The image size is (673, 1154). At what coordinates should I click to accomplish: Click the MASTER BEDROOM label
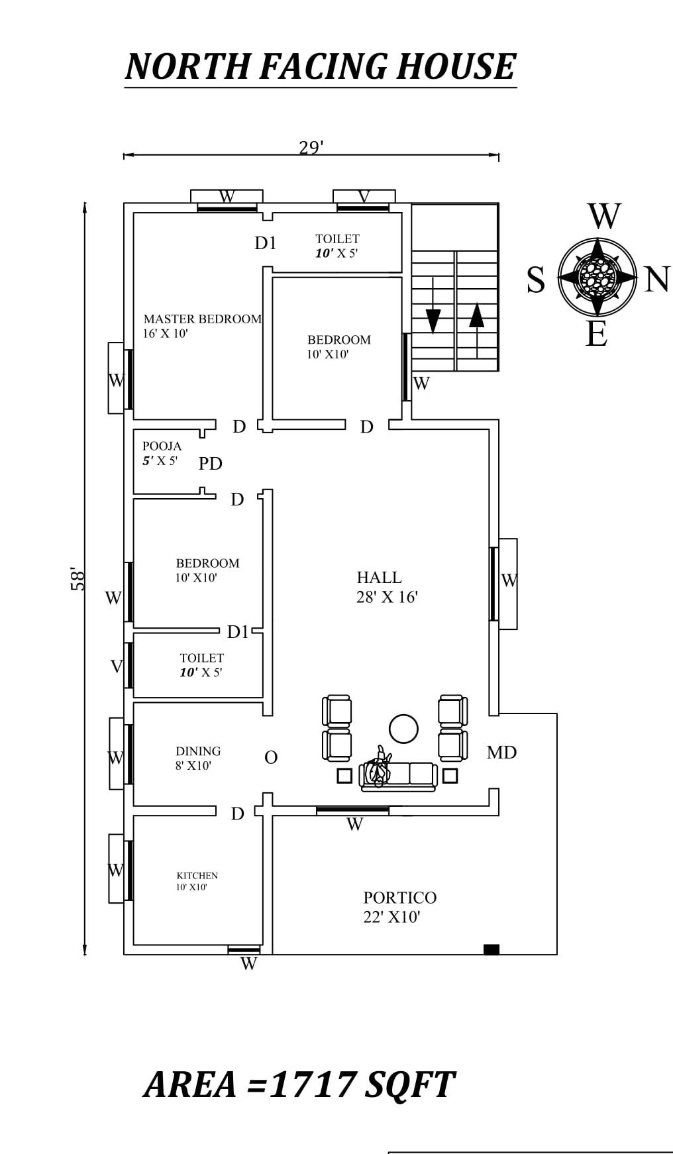202,319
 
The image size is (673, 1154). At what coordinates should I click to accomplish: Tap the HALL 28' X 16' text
386,587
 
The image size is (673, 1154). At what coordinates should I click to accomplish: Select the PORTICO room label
399,898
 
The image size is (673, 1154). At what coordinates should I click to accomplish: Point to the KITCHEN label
197,876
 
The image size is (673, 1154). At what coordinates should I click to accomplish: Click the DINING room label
198,751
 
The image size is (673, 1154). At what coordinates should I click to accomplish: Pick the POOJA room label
162,446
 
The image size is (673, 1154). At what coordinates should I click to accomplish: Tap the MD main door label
501,753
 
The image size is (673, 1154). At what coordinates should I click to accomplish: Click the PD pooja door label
210,464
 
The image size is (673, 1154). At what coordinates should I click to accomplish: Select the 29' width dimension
311,147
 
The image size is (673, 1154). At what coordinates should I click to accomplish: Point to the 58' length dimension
78,578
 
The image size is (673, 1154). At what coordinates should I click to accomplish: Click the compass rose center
597,276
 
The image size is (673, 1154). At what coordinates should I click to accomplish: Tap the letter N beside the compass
656,280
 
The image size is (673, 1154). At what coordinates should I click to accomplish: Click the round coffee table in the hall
403,729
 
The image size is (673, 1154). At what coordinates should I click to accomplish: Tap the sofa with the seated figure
398,774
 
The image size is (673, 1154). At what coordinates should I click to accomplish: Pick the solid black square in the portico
491,949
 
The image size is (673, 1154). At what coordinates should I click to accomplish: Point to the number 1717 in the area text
311,1085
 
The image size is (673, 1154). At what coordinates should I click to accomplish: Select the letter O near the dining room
270,758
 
